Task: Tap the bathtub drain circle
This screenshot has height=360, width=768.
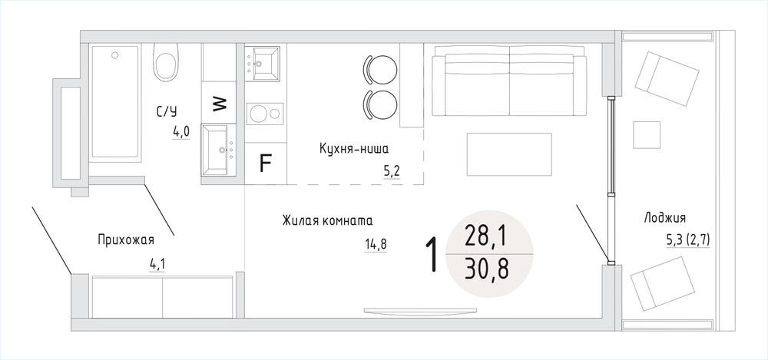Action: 115,54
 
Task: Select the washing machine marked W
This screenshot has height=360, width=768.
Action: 219,103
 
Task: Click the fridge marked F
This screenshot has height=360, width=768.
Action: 265,163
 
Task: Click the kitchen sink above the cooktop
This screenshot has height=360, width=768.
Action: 262,63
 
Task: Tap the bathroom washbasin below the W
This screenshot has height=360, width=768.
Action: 219,150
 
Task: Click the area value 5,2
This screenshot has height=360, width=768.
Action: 392,171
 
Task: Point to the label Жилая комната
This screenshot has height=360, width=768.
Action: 327,220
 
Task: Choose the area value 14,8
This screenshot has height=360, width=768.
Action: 376,244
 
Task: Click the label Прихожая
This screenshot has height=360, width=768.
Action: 126,240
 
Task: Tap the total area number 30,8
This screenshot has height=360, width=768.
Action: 487,269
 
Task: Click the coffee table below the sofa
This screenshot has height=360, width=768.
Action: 509,154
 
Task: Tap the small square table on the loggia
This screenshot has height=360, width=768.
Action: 647,134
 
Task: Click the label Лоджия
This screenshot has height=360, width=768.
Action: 664,219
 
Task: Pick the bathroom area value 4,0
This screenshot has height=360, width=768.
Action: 180,132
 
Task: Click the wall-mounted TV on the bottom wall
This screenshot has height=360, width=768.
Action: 420,311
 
